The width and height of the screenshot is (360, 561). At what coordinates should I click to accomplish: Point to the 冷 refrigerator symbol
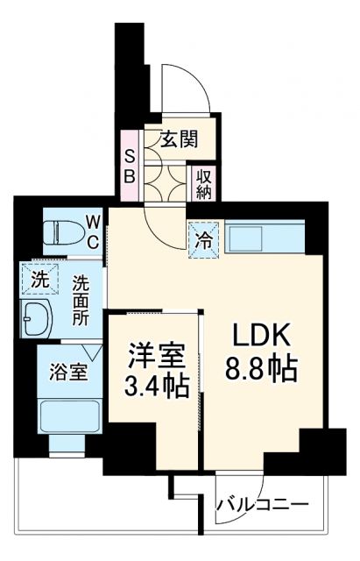201,237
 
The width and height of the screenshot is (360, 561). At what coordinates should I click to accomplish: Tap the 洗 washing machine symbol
39,281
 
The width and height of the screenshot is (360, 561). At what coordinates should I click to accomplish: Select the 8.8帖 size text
260,368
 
